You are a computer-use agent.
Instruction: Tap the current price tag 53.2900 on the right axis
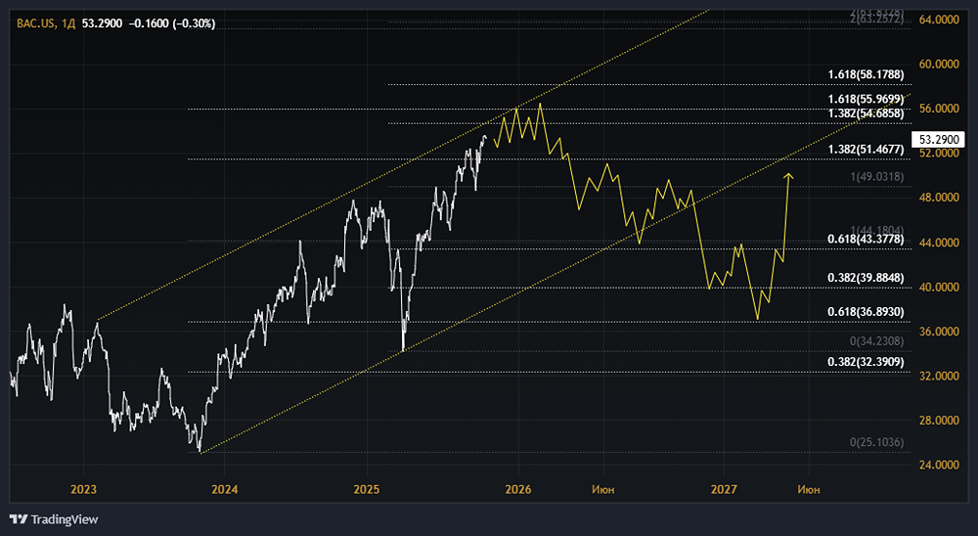pyautogui.click(x=933, y=140)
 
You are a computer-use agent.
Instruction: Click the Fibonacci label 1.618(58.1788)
pyautogui.click(x=866, y=74)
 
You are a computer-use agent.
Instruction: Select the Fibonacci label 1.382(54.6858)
pyautogui.click(x=866, y=114)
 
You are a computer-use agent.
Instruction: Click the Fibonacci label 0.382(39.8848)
pyautogui.click(x=866, y=278)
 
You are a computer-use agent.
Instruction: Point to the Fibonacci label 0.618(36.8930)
pyautogui.click(x=866, y=311)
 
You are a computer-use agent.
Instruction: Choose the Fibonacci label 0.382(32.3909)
pyautogui.click(x=866, y=362)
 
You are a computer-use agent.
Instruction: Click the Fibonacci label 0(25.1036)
pyautogui.click(x=876, y=442)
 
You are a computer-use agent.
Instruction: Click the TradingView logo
pyautogui.click(x=55, y=519)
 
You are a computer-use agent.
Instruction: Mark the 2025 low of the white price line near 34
pyautogui.click(x=403, y=349)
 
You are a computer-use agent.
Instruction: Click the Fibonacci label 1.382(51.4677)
pyautogui.click(x=866, y=149)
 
